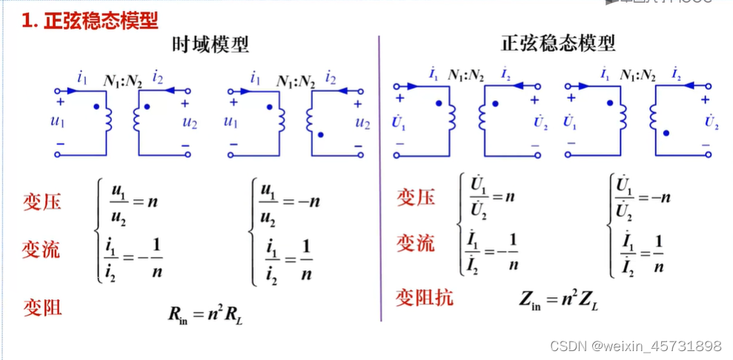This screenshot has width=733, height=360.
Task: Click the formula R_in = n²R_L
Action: [205, 314]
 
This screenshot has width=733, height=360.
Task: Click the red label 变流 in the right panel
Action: [415, 243]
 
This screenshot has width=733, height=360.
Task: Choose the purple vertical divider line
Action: [380, 178]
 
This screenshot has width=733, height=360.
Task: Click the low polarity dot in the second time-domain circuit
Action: [320, 136]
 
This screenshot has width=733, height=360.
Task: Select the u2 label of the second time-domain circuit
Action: [362, 123]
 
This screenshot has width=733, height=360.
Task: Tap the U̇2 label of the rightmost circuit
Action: [712, 123]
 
